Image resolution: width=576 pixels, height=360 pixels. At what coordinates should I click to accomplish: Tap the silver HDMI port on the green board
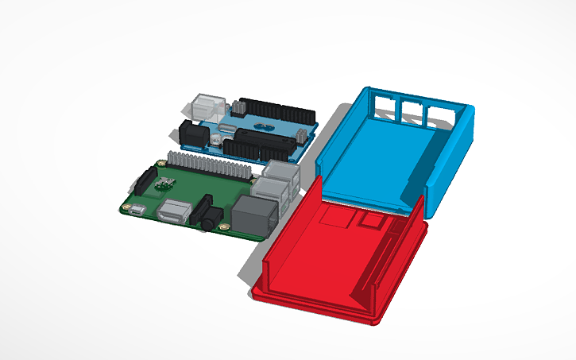coord(173,212)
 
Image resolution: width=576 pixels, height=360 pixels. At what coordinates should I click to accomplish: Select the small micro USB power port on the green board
coord(136,210)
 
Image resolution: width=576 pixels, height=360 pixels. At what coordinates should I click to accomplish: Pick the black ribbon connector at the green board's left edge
coord(145,180)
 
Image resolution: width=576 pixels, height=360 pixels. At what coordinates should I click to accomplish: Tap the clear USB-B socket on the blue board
coord(206,110)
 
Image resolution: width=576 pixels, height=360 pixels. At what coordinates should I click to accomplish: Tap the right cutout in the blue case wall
coord(439,116)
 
